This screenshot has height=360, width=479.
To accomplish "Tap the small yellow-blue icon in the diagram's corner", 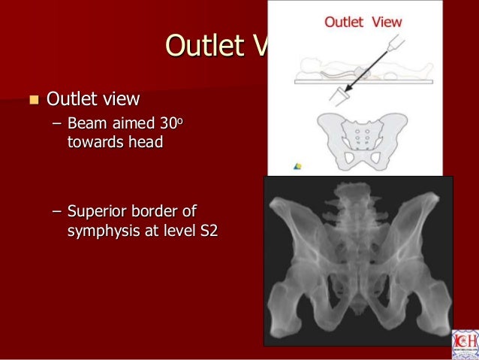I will tap(297, 166).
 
